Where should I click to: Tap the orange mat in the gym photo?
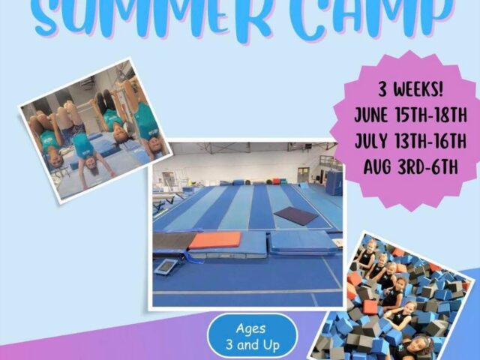tap(214, 240)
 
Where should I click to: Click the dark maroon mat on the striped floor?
tap(295, 216)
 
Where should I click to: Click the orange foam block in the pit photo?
tap(370, 307)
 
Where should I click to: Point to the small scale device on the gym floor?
tap(166, 267)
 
